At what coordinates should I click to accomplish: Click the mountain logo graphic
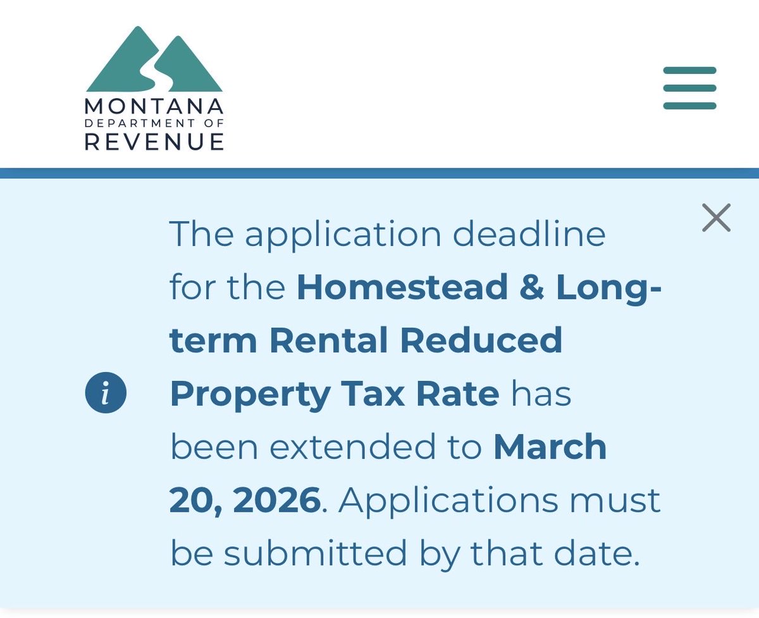pos(154,59)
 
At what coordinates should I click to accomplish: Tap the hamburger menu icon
pos(689,88)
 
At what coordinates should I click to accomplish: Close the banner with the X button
pos(716,218)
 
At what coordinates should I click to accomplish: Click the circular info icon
pos(106,394)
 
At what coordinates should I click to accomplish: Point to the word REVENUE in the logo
pos(154,141)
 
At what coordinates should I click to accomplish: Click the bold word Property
pos(250,395)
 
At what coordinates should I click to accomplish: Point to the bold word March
pos(550,447)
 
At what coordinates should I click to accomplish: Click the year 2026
pos(276,501)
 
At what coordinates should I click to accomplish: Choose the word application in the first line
pos(343,235)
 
